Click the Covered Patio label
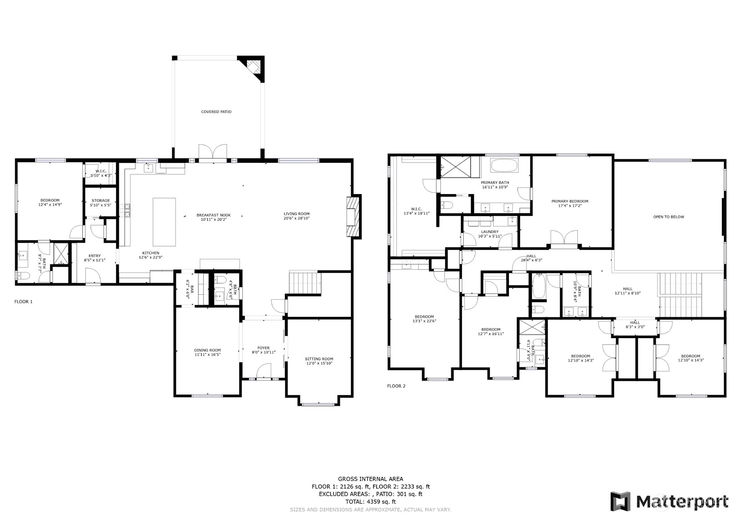click(x=216, y=112)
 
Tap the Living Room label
click(x=296, y=214)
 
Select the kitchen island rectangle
click(x=164, y=222)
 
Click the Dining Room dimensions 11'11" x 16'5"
click(x=207, y=355)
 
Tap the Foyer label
click(x=264, y=348)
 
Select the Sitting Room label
click(x=319, y=359)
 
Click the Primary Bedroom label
click(x=570, y=201)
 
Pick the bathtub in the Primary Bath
click(x=504, y=166)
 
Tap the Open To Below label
click(x=669, y=217)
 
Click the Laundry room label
click(x=490, y=232)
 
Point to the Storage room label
click(x=101, y=201)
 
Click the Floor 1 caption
click(x=23, y=302)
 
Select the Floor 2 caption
click(x=396, y=386)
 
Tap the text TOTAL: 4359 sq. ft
click(x=371, y=502)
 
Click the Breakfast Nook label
click(x=214, y=215)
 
